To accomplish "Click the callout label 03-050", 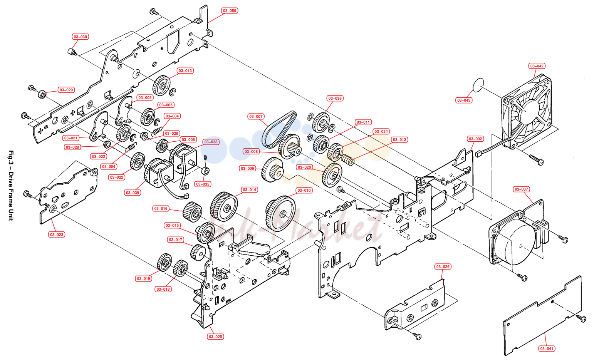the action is pyautogui.click(x=229, y=11).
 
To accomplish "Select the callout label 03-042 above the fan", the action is pyautogui.click(x=537, y=66).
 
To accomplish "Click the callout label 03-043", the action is pyautogui.click(x=464, y=100).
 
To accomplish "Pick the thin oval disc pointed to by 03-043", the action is pyautogui.click(x=478, y=85).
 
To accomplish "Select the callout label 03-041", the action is pyautogui.click(x=547, y=348).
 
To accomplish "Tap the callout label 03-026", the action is pyautogui.click(x=443, y=266).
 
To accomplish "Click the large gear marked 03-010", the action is pyautogui.click(x=280, y=214).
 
